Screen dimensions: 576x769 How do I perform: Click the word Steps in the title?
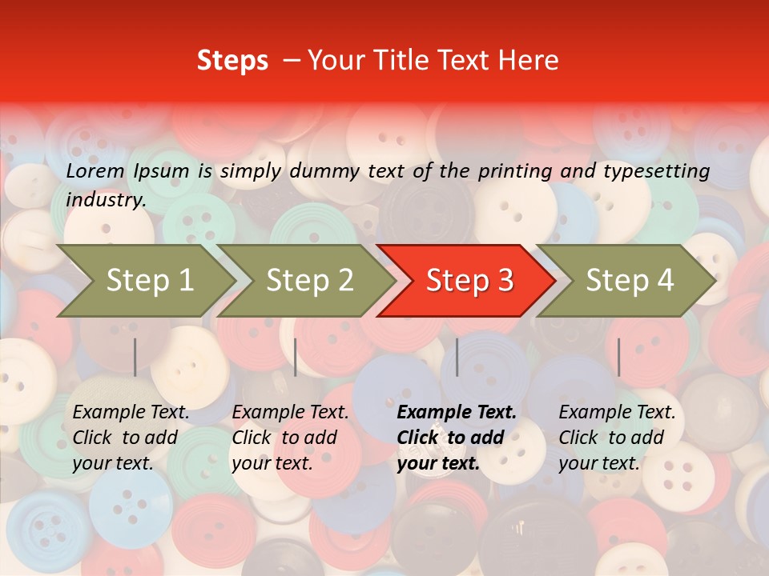click(x=232, y=61)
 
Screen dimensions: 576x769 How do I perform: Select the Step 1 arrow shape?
click(x=149, y=281)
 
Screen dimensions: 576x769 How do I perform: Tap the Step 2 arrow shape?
click(x=309, y=281)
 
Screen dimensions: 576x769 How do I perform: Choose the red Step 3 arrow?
click(x=469, y=281)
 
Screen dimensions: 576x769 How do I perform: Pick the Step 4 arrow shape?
click(x=630, y=281)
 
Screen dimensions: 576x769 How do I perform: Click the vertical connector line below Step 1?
click(x=135, y=357)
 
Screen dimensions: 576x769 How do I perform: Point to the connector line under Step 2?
click(x=296, y=357)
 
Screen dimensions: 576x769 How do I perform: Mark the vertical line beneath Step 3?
click(x=457, y=357)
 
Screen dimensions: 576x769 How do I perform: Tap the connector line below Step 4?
click(x=618, y=357)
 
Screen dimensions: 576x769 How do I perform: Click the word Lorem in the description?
click(x=95, y=170)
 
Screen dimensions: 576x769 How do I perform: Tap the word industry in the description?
click(x=105, y=199)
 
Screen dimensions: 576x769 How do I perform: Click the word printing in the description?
click(x=513, y=170)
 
